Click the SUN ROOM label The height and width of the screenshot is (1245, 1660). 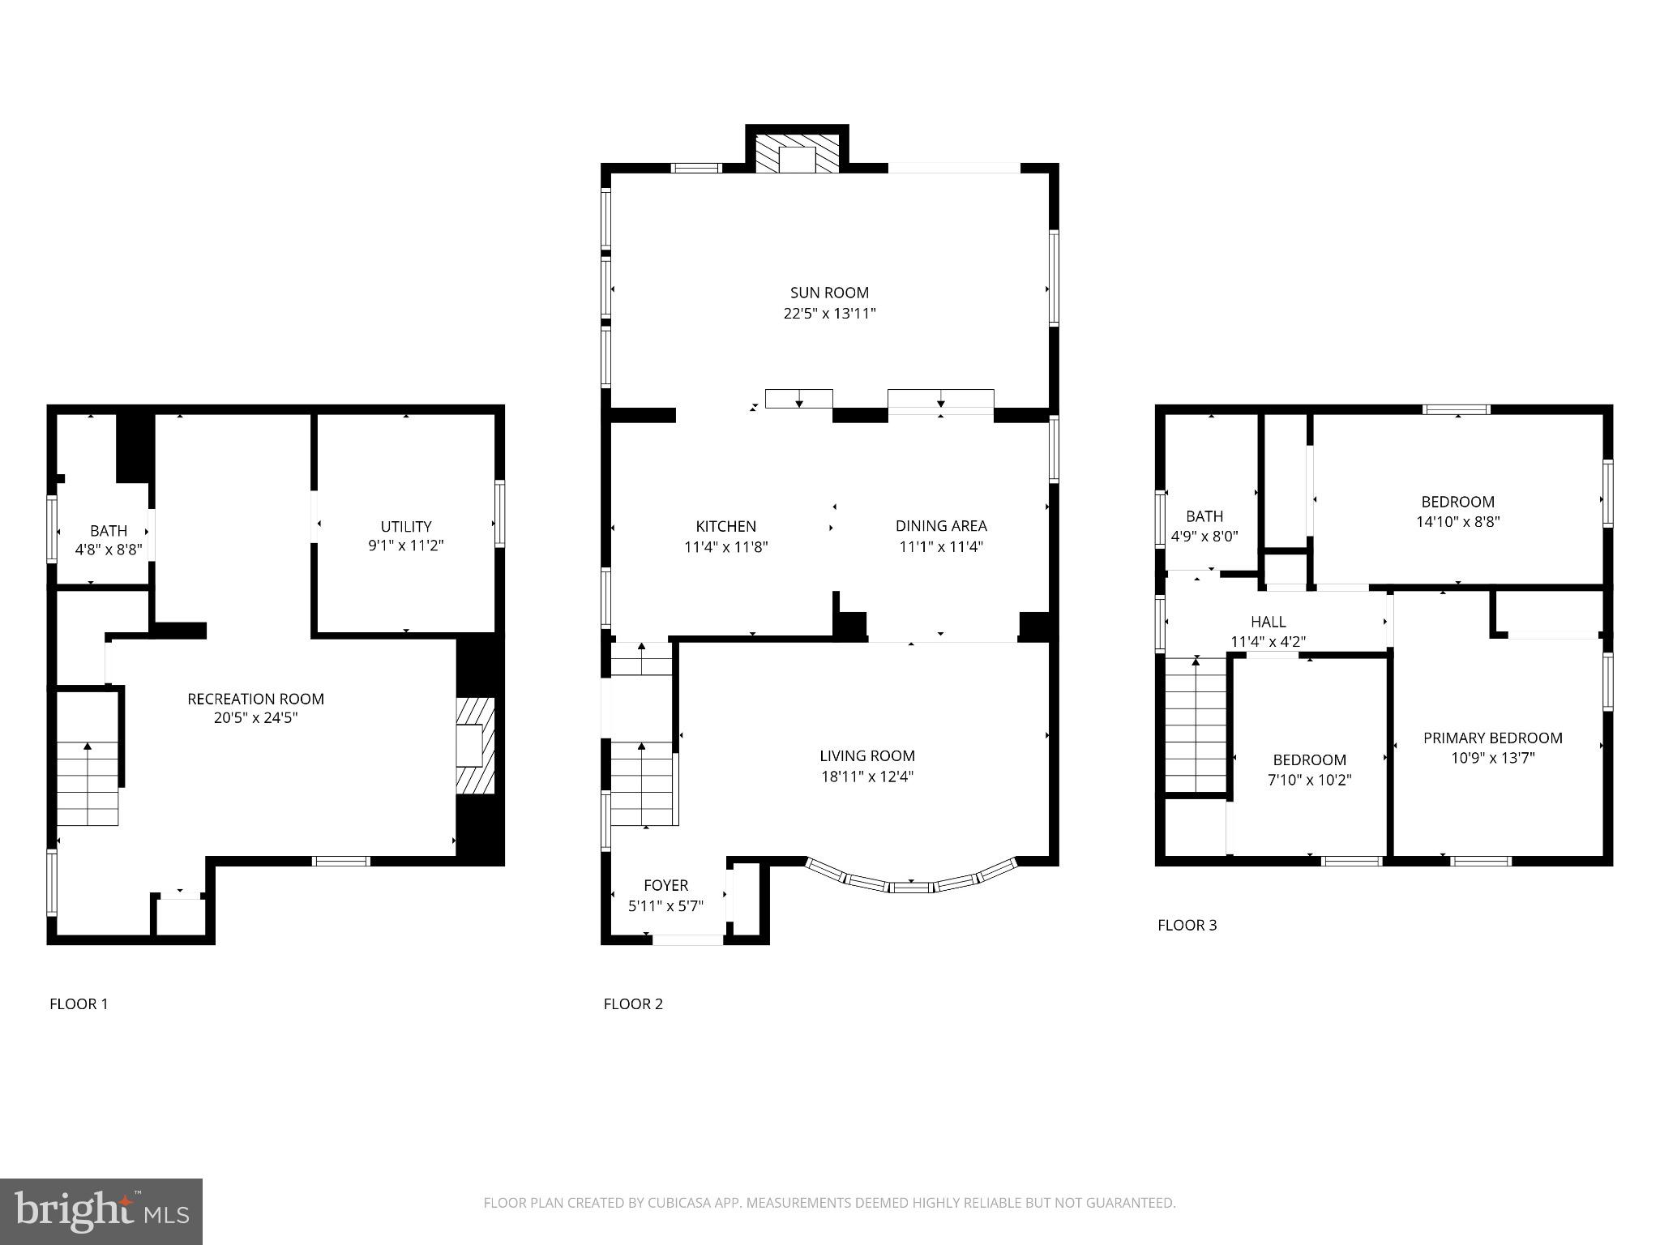[x=829, y=293]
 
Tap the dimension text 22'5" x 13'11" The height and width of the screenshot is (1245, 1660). [x=829, y=314]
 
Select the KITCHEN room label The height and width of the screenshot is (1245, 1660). [x=725, y=526]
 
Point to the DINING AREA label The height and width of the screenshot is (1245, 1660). [x=940, y=526]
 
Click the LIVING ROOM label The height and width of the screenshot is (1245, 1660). [x=866, y=756]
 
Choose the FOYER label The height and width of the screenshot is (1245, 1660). [x=665, y=885]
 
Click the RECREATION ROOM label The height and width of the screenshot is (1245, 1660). [x=255, y=699]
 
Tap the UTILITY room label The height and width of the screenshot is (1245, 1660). [x=406, y=526]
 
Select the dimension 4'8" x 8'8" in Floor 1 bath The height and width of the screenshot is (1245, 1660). [x=109, y=550]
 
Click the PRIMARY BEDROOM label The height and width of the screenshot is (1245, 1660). [x=1492, y=738]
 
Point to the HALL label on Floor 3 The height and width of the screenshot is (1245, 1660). [x=1268, y=622]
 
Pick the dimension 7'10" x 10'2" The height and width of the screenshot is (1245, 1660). [x=1309, y=780]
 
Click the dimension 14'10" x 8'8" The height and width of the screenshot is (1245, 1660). [x=1457, y=522]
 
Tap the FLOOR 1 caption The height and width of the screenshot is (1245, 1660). [x=79, y=1004]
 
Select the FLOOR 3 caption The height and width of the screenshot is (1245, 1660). [x=1187, y=925]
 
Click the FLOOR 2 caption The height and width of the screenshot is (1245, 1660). [x=633, y=1004]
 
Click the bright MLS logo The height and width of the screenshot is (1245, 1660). [x=101, y=1211]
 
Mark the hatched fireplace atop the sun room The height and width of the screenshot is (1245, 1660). [x=797, y=154]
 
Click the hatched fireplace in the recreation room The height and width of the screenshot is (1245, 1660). [x=475, y=746]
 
